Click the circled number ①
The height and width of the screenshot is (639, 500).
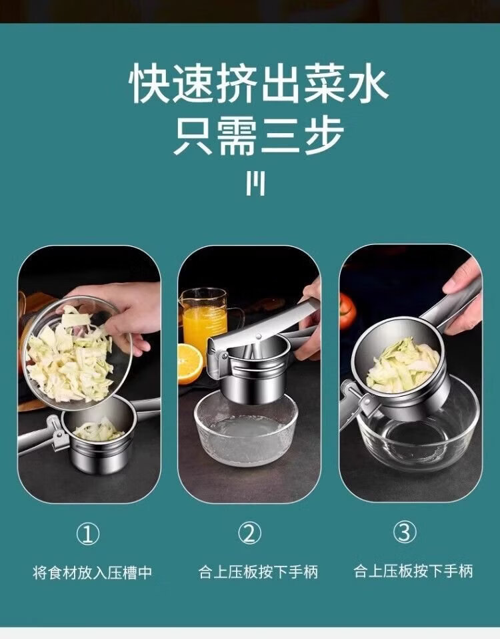click(88, 534)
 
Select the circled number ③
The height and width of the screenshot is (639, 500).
click(405, 532)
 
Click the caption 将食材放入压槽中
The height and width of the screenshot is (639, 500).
click(92, 572)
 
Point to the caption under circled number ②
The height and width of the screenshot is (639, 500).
click(258, 572)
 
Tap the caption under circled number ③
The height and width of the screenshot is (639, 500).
click(413, 571)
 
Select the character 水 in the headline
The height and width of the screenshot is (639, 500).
click(367, 85)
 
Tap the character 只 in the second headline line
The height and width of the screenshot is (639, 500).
click(193, 136)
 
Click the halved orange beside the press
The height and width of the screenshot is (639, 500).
click(190, 363)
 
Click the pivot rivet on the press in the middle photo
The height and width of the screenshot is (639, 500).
click(259, 337)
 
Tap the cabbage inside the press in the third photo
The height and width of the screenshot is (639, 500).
click(402, 365)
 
